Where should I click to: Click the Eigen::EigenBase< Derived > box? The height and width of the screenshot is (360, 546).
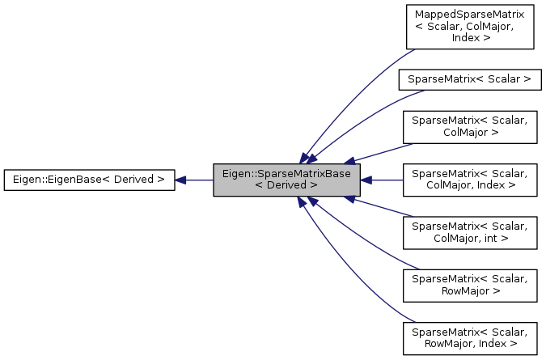(x=89, y=179)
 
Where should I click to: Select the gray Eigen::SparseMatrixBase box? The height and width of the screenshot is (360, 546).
(x=286, y=179)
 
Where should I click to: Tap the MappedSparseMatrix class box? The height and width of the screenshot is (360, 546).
(x=469, y=28)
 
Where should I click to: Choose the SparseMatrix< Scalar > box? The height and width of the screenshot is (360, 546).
(x=469, y=79)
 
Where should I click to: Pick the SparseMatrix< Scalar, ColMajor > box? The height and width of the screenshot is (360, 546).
(x=469, y=126)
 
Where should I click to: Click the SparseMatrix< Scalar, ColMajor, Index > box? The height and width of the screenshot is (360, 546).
(x=469, y=179)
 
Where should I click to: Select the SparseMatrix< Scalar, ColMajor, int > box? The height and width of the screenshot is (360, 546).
(x=469, y=231)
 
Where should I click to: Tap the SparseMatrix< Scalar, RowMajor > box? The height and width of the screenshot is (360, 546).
(x=469, y=284)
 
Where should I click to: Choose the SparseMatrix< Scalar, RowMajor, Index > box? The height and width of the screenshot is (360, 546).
(x=469, y=337)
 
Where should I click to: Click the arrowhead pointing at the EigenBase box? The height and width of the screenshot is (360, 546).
(x=181, y=179)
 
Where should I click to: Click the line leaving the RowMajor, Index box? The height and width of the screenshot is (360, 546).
(x=356, y=275)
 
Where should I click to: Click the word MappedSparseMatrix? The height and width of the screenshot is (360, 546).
(x=469, y=15)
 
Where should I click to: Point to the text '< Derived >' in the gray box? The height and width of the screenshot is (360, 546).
(x=286, y=185)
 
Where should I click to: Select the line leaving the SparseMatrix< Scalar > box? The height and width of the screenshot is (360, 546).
(x=364, y=117)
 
